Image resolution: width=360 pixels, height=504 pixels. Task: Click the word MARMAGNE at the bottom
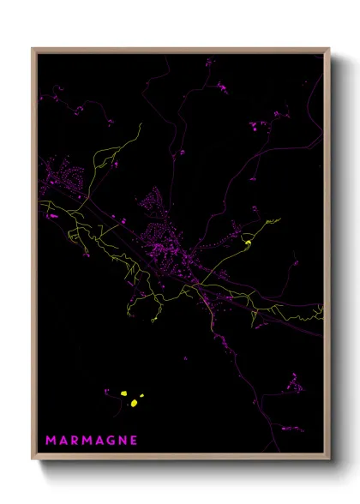pyautogui.click(x=91, y=441)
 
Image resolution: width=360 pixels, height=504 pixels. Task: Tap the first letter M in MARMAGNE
pyautogui.click(x=50, y=441)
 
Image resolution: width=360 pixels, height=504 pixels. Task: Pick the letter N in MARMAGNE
pyautogui.click(x=122, y=441)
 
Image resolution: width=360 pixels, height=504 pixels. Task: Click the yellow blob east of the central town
pyautogui.click(x=248, y=243)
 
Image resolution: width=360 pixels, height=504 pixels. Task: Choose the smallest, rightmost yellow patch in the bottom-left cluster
pyautogui.click(x=141, y=396)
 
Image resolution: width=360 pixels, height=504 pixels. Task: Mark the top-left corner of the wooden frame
pyautogui.click(x=33, y=49)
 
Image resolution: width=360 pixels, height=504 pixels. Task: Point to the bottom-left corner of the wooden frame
pyautogui.click(x=33, y=459)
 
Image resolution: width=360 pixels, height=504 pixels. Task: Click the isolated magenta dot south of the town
pyautogui.click(x=184, y=358)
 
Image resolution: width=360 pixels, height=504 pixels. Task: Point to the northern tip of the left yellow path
pyautogui.click(x=140, y=124)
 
